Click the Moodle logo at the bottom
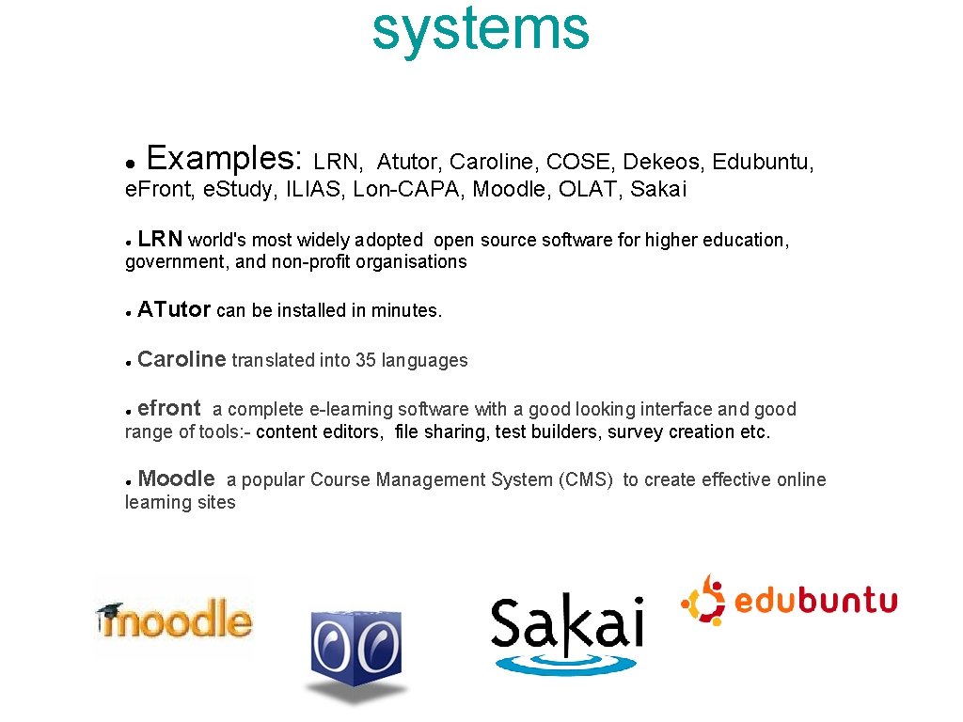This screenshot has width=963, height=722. (175, 620)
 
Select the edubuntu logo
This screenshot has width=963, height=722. (789, 600)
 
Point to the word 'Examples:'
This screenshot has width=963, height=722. (225, 157)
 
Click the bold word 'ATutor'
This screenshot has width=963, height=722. (174, 309)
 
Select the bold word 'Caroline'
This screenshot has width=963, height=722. (182, 359)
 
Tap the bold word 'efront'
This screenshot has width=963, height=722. (169, 408)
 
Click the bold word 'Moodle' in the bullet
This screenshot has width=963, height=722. (176, 479)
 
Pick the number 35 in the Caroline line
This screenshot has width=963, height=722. (366, 360)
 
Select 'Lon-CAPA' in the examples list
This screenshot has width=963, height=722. (410, 190)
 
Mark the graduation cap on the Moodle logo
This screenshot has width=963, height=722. (109, 610)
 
